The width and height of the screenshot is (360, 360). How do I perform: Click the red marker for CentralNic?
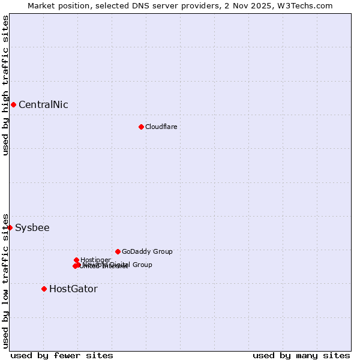pyautogui.click(x=13, y=104)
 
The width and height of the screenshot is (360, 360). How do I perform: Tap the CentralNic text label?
pyautogui.click(x=43, y=104)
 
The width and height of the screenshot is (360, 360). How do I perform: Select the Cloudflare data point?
pyautogui.click(x=141, y=127)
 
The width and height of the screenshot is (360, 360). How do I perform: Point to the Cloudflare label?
pyautogui.click(x=161, y=127)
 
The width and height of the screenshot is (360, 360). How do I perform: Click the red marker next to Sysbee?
pyautogui.click(x=10, y=227)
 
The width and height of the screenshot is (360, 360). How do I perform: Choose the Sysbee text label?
pyautogui.click(x=32, y=227)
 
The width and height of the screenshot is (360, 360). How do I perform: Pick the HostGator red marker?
pyautogui.click(x=44, y=289)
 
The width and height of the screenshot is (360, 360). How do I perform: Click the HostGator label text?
pyautogui.click(x=73, y=289)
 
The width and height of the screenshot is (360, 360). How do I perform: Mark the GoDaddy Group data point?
pyautogui.click(x=118, y=251)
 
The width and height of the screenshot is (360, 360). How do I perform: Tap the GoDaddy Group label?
pyautogui.click(x=147, y=251)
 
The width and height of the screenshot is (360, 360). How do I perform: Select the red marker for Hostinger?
pyautogui.click(x=76, y=260)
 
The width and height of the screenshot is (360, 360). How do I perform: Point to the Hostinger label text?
pyautogui.click(x=95, y=260)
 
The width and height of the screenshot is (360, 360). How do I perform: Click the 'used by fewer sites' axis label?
pyautogui.click(x=62, y=355)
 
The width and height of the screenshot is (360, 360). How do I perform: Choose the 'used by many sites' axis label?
pyautogui.click(x=301, y=355)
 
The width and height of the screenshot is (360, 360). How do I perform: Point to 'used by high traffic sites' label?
pyautogui.click(x=5, y=85)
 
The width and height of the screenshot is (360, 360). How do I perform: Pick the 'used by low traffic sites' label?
pyautogui.click(x=5, y=280)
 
